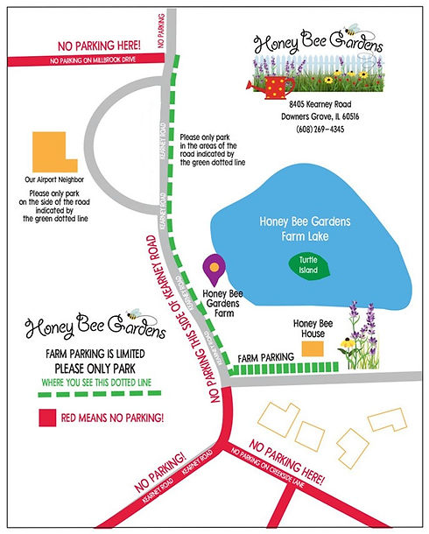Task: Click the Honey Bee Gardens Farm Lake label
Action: click(305, 228)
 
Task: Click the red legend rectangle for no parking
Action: click(46, 417)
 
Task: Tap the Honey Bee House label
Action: click(311, 328)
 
